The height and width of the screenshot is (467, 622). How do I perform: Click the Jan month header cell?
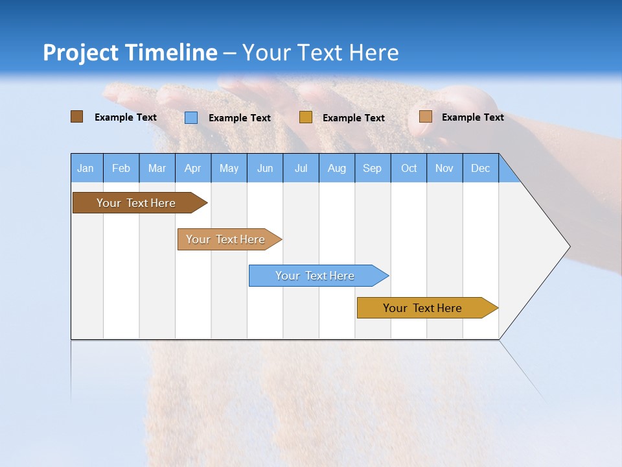pos(86,168)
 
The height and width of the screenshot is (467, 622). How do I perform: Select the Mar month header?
pos(157,168)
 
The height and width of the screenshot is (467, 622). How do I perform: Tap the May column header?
pos(229,168)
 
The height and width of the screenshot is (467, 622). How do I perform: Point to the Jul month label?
pos(301,168)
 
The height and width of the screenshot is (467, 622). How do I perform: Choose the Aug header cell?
pos(336,168)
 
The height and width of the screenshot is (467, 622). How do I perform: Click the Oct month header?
pos(409,168)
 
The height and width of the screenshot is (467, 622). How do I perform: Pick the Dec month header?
pos(480,168)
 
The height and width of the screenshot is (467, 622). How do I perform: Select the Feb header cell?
pos(121,168)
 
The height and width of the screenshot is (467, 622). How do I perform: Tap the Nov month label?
pos(444,168)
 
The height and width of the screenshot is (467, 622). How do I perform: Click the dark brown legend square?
pos(76,117)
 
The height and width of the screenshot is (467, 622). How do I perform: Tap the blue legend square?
pos(191,117)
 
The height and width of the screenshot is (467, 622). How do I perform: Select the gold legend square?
pos(306,117)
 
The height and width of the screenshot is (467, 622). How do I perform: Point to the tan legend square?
pos(426,117)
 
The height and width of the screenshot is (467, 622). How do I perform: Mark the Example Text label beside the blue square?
pos(239,118)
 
